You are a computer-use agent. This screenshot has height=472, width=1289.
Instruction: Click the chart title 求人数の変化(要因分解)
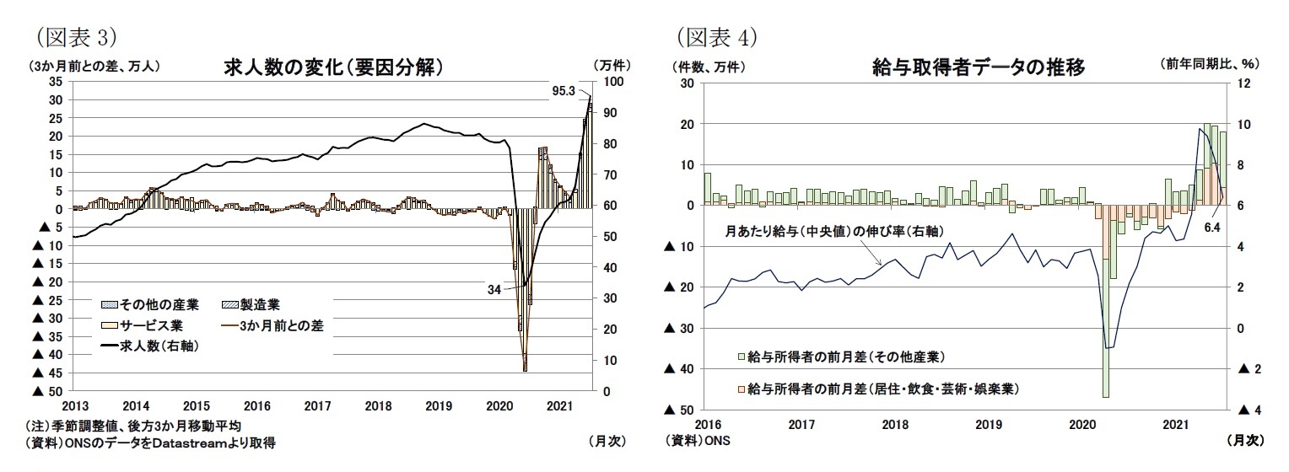pos(333,67)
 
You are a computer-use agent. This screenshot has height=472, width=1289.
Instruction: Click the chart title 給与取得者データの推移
pos(978,67)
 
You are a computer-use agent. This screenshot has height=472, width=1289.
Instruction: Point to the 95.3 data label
pos(563,89)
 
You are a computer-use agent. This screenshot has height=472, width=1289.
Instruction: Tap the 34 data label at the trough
pos(494,288)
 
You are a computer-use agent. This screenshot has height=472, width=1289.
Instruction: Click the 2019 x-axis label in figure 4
pos(989,424)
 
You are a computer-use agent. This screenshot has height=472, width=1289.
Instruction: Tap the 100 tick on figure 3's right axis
pos(612,82)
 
